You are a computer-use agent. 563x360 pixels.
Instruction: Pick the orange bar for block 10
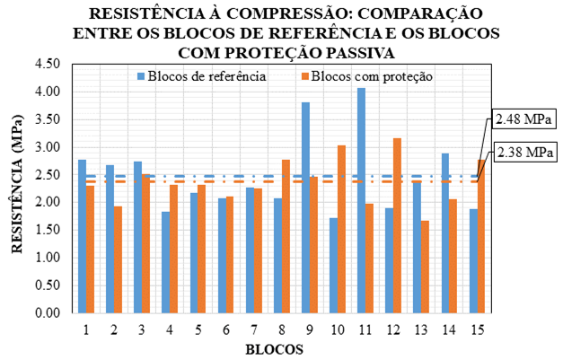pos(342,229)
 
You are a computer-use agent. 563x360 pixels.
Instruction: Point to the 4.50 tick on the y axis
pos(47,64)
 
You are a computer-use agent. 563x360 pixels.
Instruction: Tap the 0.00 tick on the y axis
pos(47,313)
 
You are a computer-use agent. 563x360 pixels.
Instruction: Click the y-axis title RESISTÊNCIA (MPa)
pos(17,189)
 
